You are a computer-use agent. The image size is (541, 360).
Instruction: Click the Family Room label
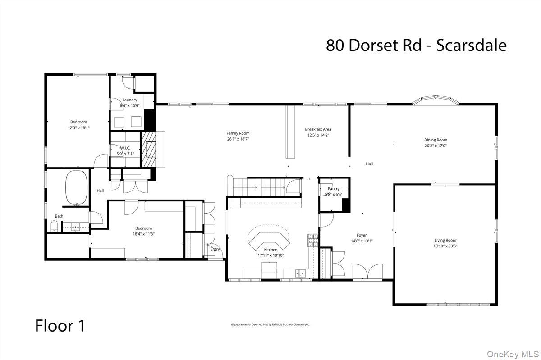(x=238, y=133)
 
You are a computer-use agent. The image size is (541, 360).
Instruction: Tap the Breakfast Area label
(x=318, y=129)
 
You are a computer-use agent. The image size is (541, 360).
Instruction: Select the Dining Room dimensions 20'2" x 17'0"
(x=436, y=146)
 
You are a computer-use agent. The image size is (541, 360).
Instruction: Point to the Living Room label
(x=445, y=241)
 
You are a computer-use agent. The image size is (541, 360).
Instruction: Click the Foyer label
(x=361, y=235)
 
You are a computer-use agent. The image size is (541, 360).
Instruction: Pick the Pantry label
(x=333, y=189)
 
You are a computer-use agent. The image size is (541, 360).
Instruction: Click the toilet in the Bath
(x=54, y=227)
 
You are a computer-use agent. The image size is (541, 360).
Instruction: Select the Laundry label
(x=129, y=100)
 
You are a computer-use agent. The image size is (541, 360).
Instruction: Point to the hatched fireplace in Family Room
(x=148, y=150)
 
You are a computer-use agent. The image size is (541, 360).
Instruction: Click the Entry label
(x=215, y=249)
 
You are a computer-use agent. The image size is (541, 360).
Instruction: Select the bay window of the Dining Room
(x=436, y=100)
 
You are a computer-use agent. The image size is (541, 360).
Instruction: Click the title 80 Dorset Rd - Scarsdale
(x=416, y=46)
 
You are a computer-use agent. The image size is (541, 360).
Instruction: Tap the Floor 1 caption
(x=60, y=325)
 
